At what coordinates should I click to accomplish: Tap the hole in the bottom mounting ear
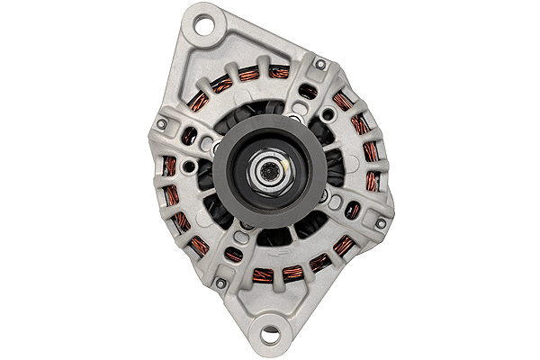tap(271, 334)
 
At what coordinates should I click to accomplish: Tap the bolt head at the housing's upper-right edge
tap(319, 64)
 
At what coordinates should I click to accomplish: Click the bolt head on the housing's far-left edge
tap(162, 124)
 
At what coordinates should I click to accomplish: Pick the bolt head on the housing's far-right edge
tap(381, 222)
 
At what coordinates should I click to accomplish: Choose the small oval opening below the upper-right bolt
tap(308, 91)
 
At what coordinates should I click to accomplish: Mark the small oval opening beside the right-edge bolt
tap(353, 211)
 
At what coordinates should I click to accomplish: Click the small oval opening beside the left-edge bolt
tap(189, 136)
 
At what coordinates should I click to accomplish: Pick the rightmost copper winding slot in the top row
tap(279, 71)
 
